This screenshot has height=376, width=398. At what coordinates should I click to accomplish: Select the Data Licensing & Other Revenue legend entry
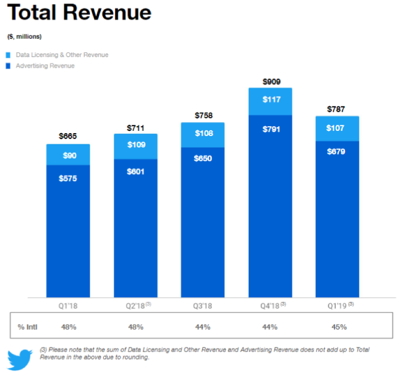62,55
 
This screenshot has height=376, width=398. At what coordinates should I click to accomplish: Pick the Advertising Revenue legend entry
45,66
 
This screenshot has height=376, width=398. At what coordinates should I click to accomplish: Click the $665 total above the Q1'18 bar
68,136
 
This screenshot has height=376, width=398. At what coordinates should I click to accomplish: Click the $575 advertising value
68,178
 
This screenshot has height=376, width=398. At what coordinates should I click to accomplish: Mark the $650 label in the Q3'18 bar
203,159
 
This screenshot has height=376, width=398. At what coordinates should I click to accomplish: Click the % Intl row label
28,327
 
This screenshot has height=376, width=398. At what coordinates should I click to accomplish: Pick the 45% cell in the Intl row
337,327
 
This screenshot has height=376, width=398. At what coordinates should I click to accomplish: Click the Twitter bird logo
20,359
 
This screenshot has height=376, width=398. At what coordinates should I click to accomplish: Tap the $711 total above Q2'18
135,128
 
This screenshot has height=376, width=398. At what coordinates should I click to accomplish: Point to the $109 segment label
135,145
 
